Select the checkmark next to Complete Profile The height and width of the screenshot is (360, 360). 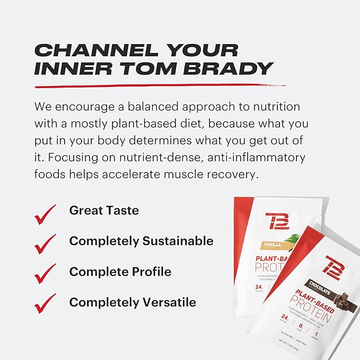click(45, 275)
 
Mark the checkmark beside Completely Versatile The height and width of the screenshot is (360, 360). click(45, 306)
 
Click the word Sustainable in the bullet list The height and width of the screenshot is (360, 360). click(178, 241)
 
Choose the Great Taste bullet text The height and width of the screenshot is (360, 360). click(104, 210)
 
